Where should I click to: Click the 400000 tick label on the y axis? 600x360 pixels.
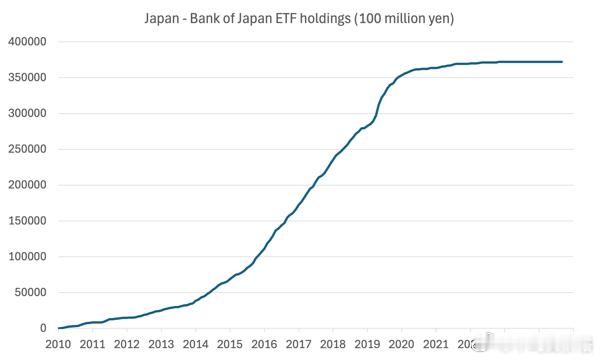click(27, 42)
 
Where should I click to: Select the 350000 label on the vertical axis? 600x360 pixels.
click(27, 78)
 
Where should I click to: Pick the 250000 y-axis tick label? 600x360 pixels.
click(27, 149)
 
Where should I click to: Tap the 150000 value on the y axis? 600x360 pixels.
click(27, 221)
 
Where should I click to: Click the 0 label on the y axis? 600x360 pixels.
click(44, 328)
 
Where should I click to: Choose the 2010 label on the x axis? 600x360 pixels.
click(58, 345)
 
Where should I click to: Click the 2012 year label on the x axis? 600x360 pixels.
click(127, 345)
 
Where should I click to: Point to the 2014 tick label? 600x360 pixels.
click(195, 345)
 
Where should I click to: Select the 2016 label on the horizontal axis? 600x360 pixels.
click(264, 345)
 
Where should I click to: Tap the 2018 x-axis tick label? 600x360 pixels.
click(333, 345)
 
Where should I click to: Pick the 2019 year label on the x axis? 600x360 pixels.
click(367, 345)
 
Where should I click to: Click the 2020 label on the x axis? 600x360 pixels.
click(402, 345)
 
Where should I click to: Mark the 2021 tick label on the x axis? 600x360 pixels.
click(436, 345)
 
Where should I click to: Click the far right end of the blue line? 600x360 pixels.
click(562, 62)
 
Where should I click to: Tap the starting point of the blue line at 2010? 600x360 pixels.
click(59, 328)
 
